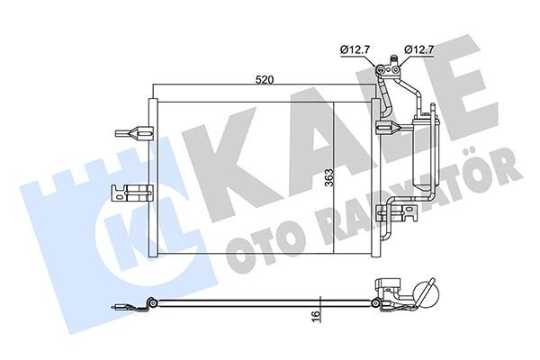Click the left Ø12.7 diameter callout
[x=354, y=48]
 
